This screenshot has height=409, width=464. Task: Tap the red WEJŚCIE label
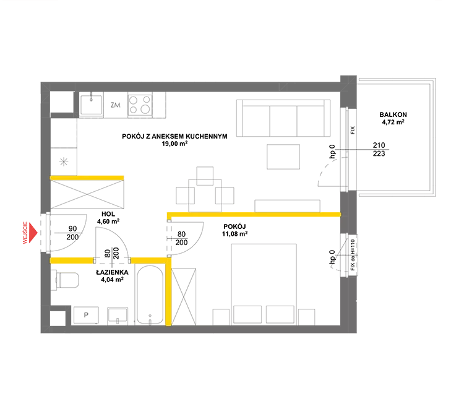(25, 233)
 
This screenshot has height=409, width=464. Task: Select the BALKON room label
(393, 114)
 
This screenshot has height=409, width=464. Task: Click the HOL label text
(108, 214)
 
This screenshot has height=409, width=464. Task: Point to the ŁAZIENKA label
(112, 272)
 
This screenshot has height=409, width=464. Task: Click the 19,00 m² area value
(174, 144)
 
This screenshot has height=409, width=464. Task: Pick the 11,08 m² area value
(234, 234)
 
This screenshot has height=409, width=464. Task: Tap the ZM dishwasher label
(116, 105)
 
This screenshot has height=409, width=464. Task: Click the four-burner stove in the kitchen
(140, 105)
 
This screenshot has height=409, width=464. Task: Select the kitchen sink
(91, 105)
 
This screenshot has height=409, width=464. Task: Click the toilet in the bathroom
(65, 280)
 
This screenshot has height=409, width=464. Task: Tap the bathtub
(150, 295)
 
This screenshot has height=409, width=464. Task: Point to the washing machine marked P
(86, 315)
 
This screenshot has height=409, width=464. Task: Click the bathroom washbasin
(118, 316)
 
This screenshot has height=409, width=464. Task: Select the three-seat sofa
(283, 118)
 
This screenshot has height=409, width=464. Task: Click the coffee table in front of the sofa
(283, 157)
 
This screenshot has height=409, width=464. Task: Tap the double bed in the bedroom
(264, 284)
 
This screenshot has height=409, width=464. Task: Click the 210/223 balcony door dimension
(379, 149)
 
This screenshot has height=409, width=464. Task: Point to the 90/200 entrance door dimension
(72, 233)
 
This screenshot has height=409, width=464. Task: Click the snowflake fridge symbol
(64, 162)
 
